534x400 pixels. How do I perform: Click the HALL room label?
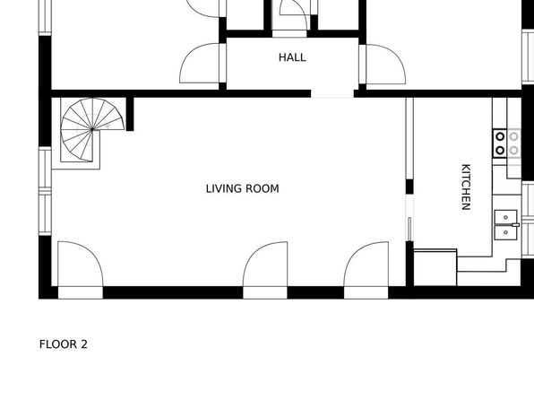click(x=292, y=57)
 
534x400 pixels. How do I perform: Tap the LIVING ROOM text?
click(x=243, y=188)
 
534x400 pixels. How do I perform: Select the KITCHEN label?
click(x=466, y=187)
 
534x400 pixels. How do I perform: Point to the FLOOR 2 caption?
click(x=64, y=344)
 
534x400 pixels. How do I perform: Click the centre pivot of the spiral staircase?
click(x=92, y=129)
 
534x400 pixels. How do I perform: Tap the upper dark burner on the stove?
click(x=500, y=136)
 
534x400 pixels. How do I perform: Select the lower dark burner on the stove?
click(x=500, y=150)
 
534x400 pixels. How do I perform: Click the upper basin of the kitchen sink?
click(x=505, y=217)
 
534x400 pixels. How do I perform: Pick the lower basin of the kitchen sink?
click(x=505, y=232)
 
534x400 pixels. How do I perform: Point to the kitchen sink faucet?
click(x=516, y=225)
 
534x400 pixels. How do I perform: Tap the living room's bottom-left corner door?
click(x=81, y=264)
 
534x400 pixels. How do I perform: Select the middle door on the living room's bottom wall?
click(x=265, y=265)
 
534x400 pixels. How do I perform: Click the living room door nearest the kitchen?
click(x=366, y=265)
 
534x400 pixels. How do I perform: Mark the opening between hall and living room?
click(x=332, y=94)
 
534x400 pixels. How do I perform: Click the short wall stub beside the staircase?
click(x=130, y=114)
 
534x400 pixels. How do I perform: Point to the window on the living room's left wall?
click(x=45, y=191)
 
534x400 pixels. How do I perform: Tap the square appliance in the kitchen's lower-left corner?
click(x=435, y=267)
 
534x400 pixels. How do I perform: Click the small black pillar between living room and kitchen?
click(x=409, y=187)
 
